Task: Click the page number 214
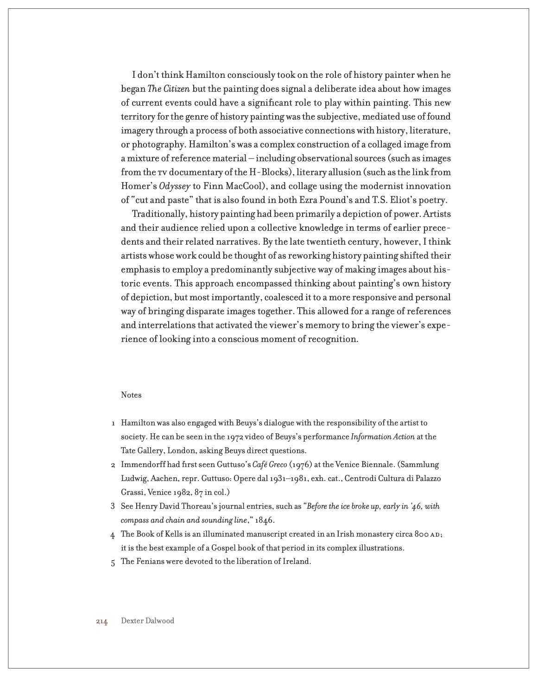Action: [102, 621]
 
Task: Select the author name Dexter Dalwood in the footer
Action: [147, 621]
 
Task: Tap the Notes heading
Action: [131, 395]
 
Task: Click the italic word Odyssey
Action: [175, 186]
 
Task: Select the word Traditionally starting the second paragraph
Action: [158, 214]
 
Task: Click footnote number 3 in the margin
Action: [113, 506]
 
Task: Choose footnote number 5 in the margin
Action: [113, 562]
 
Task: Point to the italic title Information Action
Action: [383, 437]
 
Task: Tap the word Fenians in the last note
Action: [150, 562]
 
